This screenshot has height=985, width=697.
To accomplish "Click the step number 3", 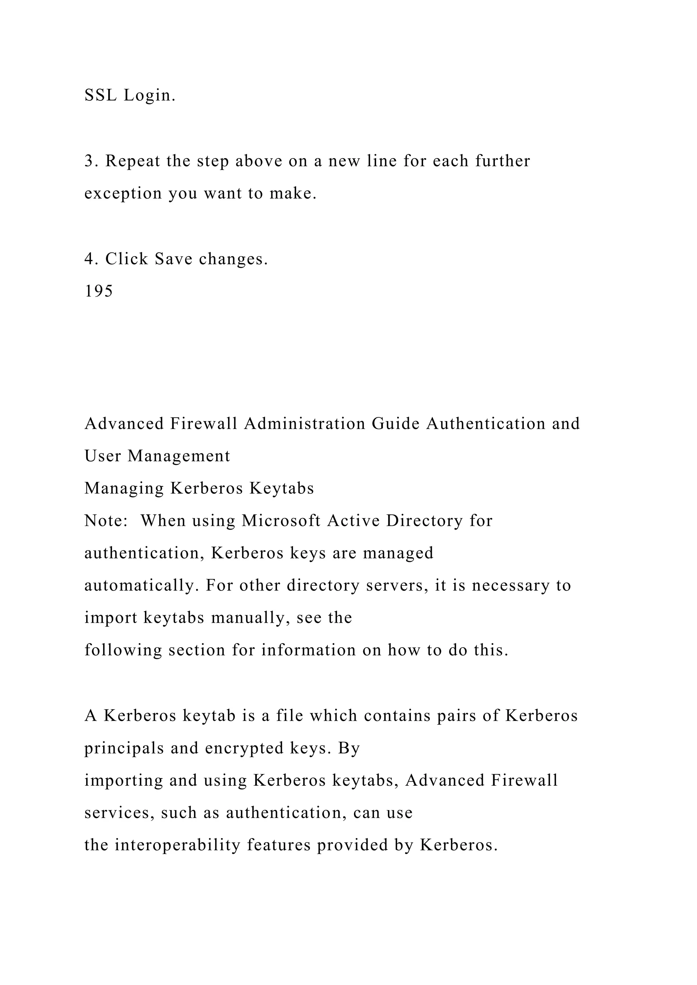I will click(89, 161).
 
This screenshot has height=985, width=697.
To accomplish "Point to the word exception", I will click(123, 194).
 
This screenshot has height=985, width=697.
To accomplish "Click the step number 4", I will click(89, 259).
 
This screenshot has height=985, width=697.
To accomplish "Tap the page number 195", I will click(99, 291).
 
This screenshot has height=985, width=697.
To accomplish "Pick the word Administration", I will click(305, 423).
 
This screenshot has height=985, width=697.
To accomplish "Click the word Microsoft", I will click(281, 521).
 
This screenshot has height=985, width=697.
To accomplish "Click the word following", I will click(123, 651).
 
